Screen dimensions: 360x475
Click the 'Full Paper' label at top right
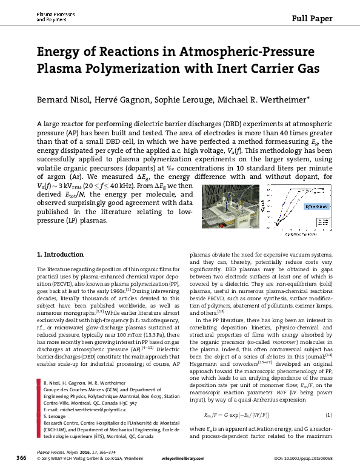coord(313,18)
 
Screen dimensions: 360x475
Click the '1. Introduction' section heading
coord(59,270)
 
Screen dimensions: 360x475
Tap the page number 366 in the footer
coord(21,457)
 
